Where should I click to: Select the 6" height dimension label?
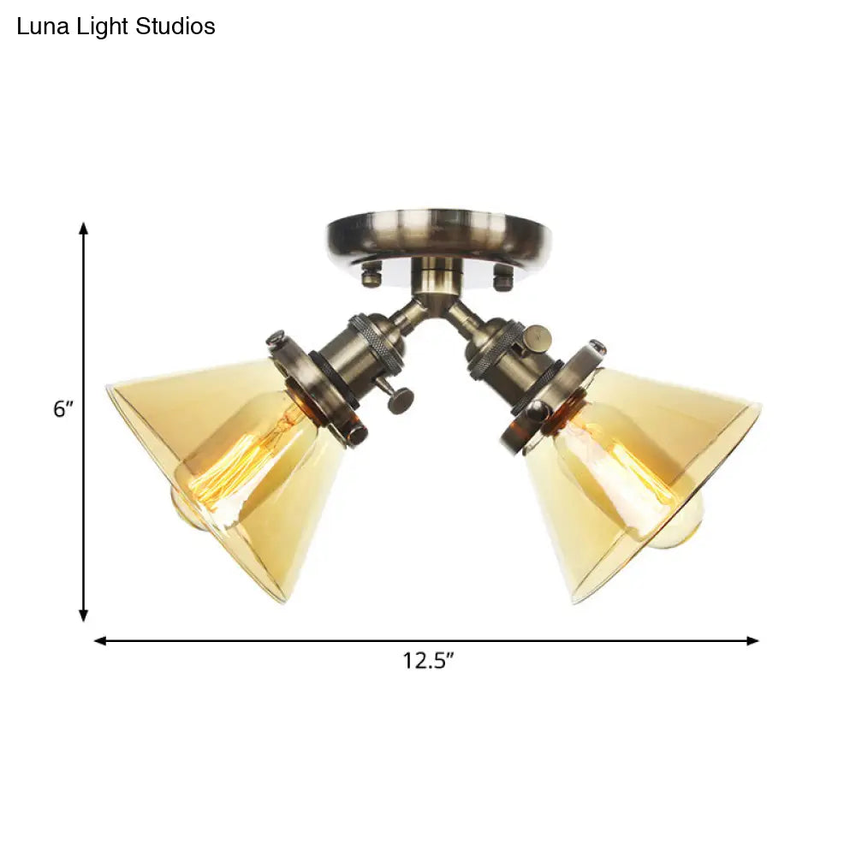(62, 408)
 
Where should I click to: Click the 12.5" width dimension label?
(429, 661)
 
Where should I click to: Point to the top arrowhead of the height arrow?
(84, 228)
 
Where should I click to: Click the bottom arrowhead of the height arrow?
(84, 615)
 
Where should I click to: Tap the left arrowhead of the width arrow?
(100, 641)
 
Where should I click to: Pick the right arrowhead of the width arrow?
(752, 641)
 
